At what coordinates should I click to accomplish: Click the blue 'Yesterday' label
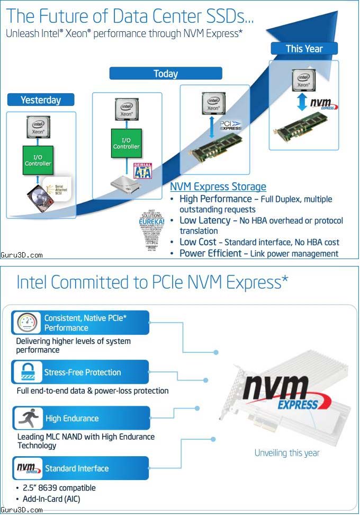click(x=41, y=100)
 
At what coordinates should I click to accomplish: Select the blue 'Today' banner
click(x=165, y=74)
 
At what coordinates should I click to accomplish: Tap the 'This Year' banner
click(x=304, y=49)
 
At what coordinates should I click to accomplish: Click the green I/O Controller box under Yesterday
click(x=38, y=161)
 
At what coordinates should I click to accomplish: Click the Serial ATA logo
click(x=143, y=171)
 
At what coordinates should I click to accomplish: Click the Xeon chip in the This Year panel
click(x=303, y=79)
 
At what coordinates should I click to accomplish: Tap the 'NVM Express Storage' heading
click(x=218, y=187)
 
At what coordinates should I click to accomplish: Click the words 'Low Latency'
click(x=205, y=220)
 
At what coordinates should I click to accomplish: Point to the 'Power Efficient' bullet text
click(x=210, y=253)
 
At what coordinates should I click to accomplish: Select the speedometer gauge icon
click(x=26, y=323)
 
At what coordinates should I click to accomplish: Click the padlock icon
click(x=26, y=372)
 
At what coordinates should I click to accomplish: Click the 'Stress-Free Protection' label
click(x=83, y=372)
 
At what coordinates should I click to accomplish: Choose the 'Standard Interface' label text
click(x=77, y=468)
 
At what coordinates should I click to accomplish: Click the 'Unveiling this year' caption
click(x=287, y=452)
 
